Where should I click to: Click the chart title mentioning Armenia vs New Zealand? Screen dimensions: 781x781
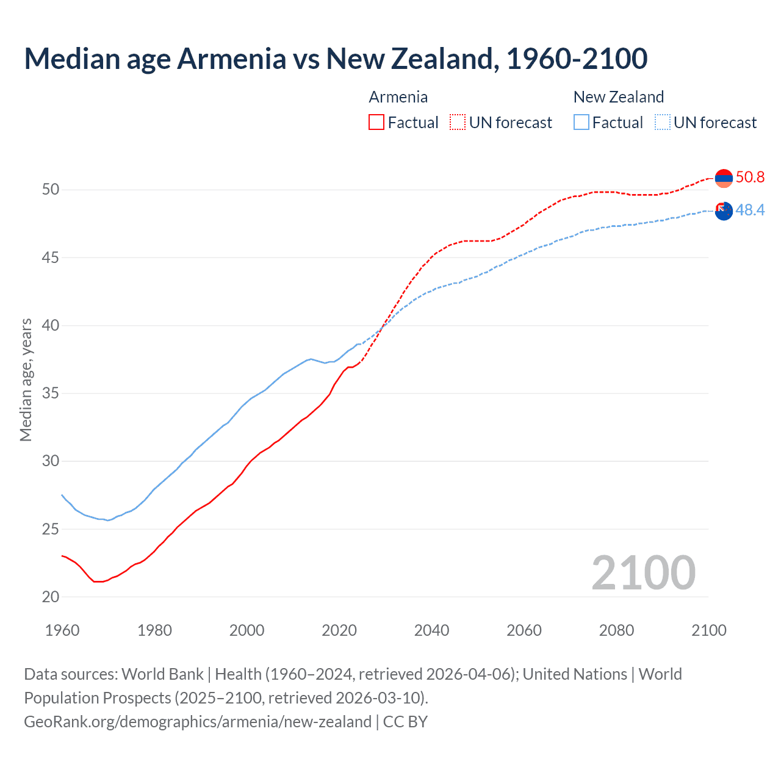tap(336, 59)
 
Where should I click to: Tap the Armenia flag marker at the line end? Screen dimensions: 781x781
tap(724, 178)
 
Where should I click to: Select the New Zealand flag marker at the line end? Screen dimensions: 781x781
tap(724, 211)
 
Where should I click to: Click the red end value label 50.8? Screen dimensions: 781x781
tap(750, 178)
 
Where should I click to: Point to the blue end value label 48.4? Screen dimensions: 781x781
tap(750, 211)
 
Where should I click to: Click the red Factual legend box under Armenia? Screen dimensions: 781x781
tap(376, 123)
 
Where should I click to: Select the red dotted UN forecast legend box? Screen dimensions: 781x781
tap(458, 123)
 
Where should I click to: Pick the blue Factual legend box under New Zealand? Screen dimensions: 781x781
tap(581, 123)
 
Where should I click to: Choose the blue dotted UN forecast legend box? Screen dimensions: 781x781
tap(662, 123)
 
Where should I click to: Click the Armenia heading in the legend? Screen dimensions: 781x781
tap(398, 97)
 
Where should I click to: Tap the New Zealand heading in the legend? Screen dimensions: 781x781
tap(618, 97)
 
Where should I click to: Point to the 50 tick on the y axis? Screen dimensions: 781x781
tap(51, 190)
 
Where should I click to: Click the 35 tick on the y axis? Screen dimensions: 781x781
tap(51, 394)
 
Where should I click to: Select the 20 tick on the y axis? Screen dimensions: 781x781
tap(51, 597)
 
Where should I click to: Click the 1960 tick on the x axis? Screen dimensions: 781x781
tap(62, 630)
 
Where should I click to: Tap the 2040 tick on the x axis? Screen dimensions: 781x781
tap(431, 630)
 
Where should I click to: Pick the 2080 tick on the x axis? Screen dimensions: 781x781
tap(616, 630)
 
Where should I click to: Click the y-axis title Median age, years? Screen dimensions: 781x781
tap(26, 380)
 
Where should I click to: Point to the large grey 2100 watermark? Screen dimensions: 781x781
tap(643, 572)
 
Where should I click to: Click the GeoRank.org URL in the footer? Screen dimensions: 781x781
tap(198, 722)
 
